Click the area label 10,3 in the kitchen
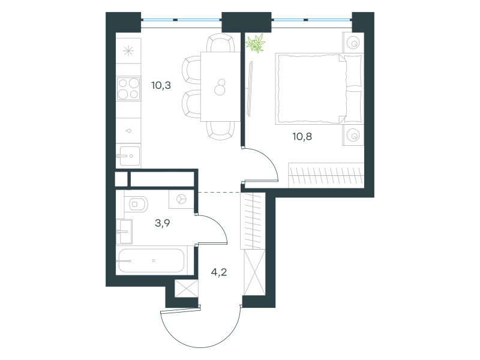point(161,85)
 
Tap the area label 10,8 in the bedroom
point(302,137)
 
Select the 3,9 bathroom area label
point(163,223)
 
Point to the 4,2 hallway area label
point(219,272)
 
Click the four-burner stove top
point(128,88)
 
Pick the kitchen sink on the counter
point(128,156)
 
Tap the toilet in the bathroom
point(137,204)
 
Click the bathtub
point(151,260)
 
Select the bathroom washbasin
point(124,232)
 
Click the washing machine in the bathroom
point(182,199)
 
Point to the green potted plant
point(256,43)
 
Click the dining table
point(220,86)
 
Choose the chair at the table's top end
point(220,43)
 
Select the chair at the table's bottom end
point(220,131)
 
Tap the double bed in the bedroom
point(319,89)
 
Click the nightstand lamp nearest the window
point(354,43)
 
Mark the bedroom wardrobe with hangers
point(326,175)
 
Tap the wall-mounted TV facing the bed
point(250,89)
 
